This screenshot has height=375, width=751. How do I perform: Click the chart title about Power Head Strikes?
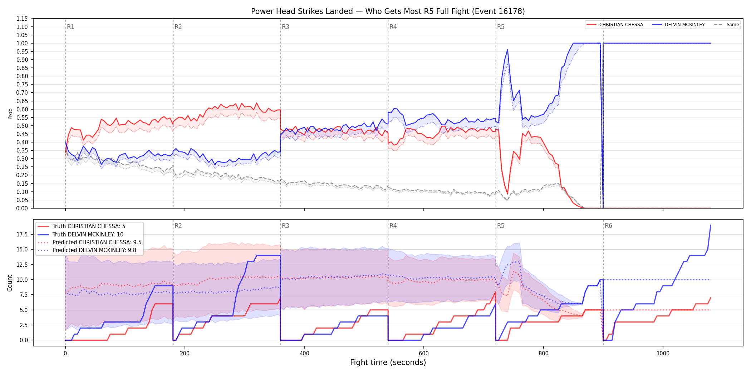pyautogui.click(x=388, y=11)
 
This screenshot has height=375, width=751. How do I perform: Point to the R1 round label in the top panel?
pyautogui.click(x=70, y=27)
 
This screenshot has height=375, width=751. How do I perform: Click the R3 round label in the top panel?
pyautogui.click(x=285, y=27)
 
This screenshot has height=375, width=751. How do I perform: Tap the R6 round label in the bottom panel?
pyautogui.click(x=608, y=226)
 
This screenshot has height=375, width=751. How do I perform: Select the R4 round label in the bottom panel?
pyautogui.click(x=393, y=226)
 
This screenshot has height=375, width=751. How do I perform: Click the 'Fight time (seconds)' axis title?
pyautogui.click(x=388, y=362)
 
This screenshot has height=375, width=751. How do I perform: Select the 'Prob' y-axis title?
pyautogui.click(x=10, y=114)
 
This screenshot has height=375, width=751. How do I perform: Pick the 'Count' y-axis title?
pyautogui.click(x=10, y=283)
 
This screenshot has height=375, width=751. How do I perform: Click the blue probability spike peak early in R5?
pyautogui.click(x=507, y=50)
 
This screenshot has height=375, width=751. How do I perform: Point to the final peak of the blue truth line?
pyautogui.click(x=711, y=225)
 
